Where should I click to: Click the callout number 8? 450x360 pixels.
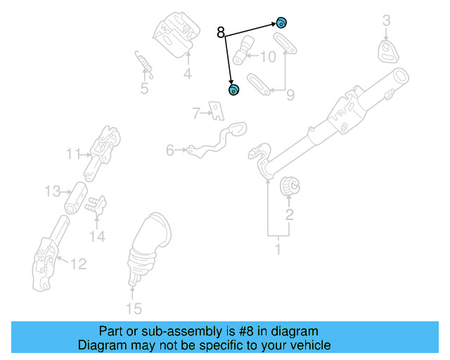click(x=221, y=32)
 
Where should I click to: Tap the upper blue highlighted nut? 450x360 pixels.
click(x=281, y=22)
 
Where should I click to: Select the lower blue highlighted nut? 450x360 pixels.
click(x=233, y=89)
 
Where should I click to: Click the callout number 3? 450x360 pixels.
click(x=386, y=22)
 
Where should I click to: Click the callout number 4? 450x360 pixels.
click(x=188, y=75)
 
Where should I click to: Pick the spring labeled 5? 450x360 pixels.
click(x=145, y=65)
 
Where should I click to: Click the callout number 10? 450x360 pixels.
click(x=268, y=57)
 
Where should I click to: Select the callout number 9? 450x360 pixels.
click(x=290, y=95)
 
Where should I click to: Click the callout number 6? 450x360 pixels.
click(x=170, y=150)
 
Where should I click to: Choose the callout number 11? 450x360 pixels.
click(x=74, y=153)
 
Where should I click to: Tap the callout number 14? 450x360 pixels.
click(x=97, y=237)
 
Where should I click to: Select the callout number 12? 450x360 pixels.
click(x=78, y=264)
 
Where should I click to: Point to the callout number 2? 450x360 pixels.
click(x=289, y=214)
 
